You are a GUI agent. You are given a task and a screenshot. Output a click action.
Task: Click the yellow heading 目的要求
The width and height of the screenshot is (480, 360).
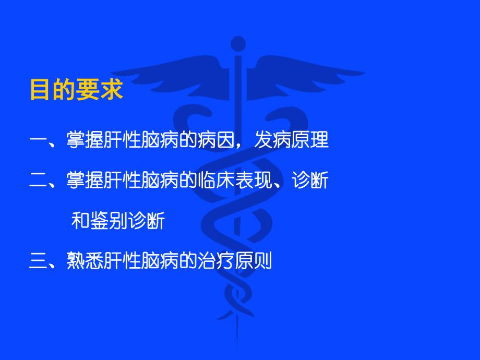coord(76,90)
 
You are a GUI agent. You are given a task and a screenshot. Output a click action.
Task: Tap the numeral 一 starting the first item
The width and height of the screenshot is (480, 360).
coord(39,140)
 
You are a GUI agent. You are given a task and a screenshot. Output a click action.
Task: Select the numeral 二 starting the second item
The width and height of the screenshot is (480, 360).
coord(39,181)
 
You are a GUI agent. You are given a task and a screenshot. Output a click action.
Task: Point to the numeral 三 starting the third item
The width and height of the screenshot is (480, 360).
coord(39,260)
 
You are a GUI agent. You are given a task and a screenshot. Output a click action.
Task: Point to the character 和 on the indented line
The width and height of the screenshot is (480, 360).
coord(79,221)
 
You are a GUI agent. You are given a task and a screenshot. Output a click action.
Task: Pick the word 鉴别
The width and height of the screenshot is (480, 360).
coord(107,221)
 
